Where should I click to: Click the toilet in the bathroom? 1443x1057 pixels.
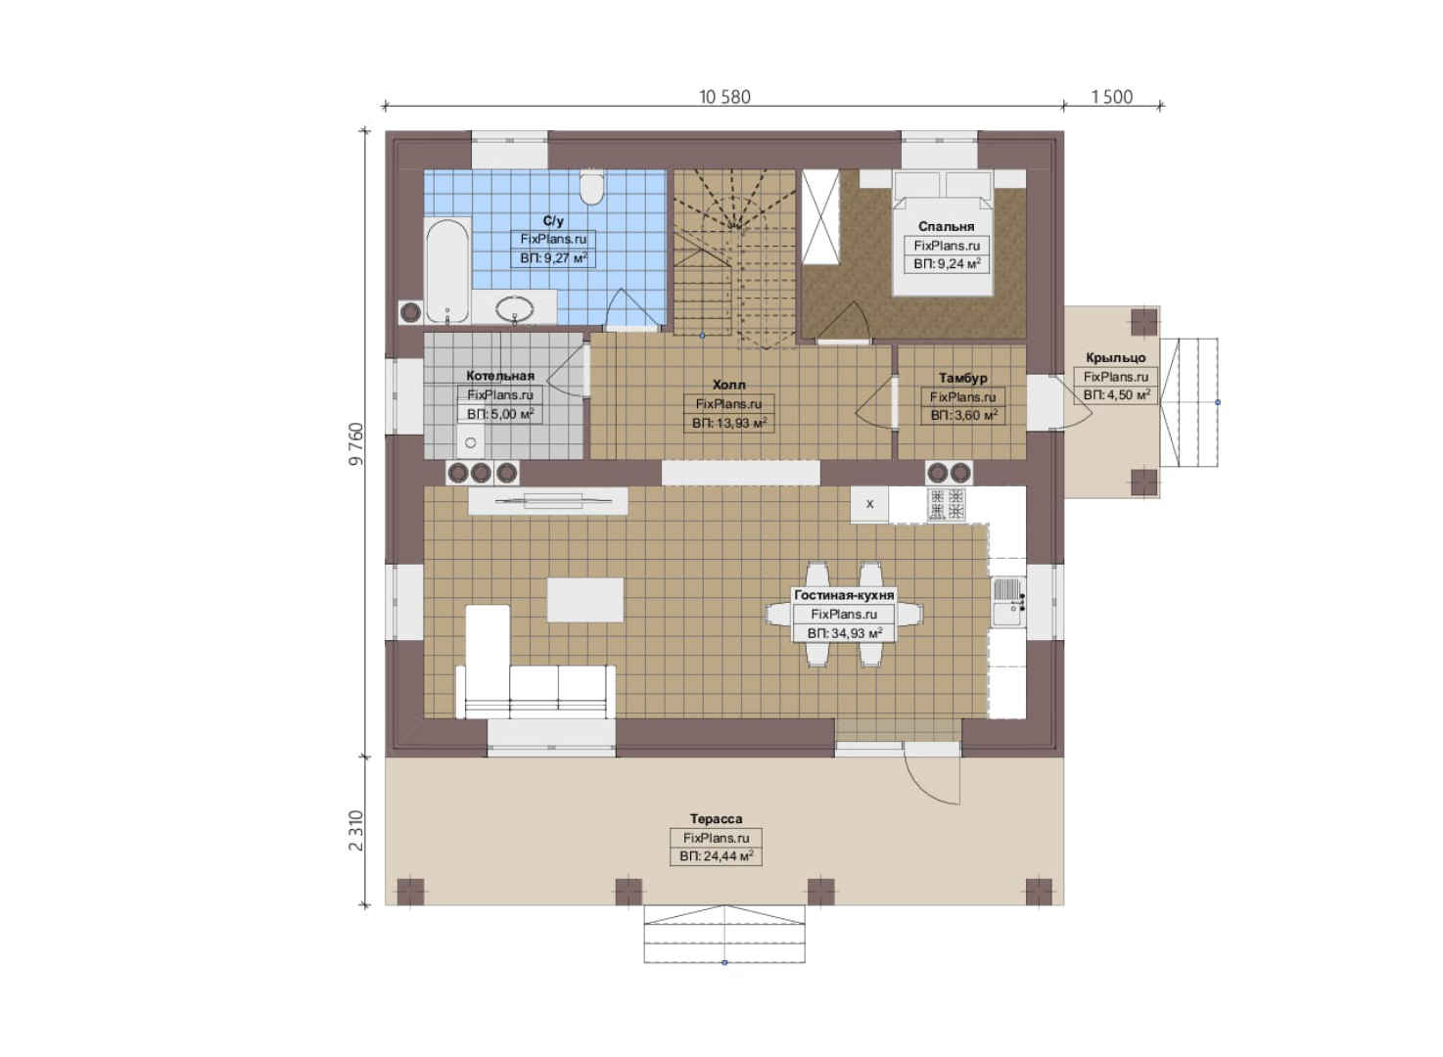click(590, 187)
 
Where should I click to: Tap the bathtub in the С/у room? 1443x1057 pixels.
click(447, 270)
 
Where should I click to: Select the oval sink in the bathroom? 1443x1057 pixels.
click(515, 309)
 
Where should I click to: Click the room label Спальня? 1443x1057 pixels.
click(946, 227)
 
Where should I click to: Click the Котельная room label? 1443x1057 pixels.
click(500, 376)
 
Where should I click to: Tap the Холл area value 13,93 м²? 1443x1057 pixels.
click(728, 423)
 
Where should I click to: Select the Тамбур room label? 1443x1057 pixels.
click(962, 378)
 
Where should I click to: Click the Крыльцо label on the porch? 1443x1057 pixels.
click(1116, 358)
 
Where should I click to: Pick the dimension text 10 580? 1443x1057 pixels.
click(724, 97)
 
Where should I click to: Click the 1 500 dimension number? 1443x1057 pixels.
click(1112, 97)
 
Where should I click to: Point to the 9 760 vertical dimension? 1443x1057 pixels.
click(356, 443)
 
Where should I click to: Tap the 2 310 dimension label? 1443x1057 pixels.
click(356, 831)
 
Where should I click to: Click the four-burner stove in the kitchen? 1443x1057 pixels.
click(947, 504)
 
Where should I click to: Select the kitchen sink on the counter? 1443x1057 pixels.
click(1007, 601)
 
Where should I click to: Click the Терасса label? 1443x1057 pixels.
click(716, 818)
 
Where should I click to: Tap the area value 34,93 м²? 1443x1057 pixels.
click(844, 634)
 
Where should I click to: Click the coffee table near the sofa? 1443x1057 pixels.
click(584, 600)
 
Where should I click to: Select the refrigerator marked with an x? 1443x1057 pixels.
click(869, 504)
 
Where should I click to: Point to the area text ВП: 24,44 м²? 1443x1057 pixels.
click(716, 856)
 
